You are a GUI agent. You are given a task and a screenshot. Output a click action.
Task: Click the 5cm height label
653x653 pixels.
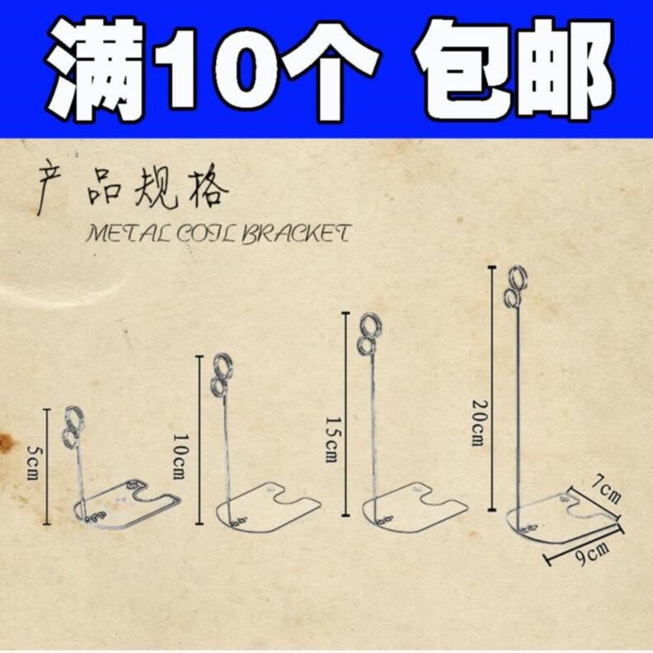pos(33,463)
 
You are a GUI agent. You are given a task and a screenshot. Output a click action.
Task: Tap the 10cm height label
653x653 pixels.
pos(181,457)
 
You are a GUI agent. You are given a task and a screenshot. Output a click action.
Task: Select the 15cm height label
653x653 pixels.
pos(331,439)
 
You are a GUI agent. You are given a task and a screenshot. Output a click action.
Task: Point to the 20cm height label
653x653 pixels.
pos(478,423)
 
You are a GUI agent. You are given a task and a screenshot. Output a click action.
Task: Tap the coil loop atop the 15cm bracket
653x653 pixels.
pos(369,335)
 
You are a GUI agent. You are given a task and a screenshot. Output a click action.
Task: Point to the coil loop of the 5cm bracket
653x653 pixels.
pos(73,426)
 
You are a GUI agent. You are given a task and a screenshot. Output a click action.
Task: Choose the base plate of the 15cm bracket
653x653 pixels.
pos(415,508)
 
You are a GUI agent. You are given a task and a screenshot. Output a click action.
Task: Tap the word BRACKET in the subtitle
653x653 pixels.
pos(296,233)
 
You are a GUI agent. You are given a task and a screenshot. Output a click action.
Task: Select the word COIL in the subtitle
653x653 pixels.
pos(204,233)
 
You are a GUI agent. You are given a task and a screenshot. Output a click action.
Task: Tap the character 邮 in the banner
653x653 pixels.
pos(566,68)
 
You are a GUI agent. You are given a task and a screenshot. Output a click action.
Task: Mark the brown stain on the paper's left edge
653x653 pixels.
pos(6,443)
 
